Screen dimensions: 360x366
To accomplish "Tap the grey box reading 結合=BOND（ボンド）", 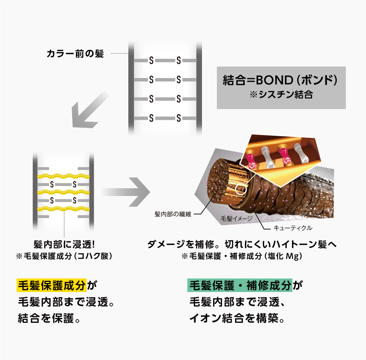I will point(281,87).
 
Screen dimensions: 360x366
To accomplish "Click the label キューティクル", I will point(293,228).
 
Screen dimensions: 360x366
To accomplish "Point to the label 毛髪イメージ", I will point(237,218).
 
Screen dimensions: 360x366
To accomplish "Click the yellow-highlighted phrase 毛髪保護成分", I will point(52,286).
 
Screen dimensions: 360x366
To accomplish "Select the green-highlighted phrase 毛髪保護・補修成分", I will point(240,286).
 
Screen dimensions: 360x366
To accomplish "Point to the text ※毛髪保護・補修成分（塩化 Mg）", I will point(242,256).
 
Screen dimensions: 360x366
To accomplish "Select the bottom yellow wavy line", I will point(63,209).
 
